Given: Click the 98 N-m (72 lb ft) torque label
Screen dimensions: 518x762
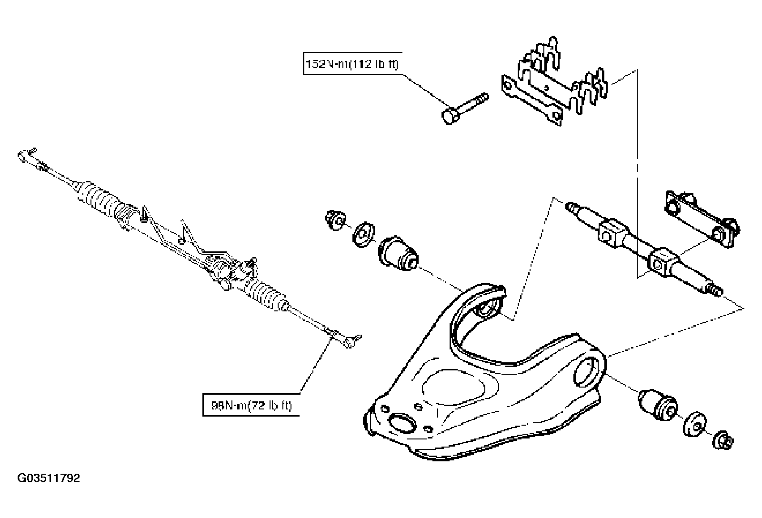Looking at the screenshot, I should [251, 406].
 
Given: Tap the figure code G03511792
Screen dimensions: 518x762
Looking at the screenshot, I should [49, 478].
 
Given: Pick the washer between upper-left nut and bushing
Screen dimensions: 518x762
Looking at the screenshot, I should [364, 234].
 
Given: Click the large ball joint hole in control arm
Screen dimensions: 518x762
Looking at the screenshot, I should [402, 423].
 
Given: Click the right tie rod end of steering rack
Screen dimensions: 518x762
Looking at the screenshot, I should [351, 339].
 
